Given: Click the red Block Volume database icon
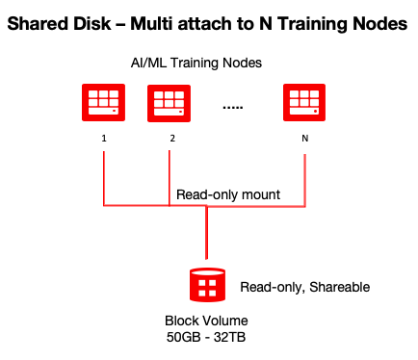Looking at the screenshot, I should click(x=206, y=286).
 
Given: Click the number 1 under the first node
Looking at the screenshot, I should click(x=103, y=138).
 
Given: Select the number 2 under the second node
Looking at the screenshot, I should click(x=171, y=138).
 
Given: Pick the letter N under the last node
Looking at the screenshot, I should click(x=305, y=138).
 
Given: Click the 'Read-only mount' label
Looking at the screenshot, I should click(x=228, y=194).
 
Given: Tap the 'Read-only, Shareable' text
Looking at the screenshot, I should click(x=304, y=287).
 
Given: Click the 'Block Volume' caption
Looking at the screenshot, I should click(x=205, y=321).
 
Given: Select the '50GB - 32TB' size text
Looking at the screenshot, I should click(x=205, y=338).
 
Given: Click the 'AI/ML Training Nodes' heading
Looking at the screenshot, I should click(x=198, y=62).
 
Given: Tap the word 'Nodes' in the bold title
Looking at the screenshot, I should click(x=379, y=22).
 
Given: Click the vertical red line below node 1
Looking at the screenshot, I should click(x=103, y=178).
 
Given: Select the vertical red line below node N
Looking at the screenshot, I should click(x=305, y=178).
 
